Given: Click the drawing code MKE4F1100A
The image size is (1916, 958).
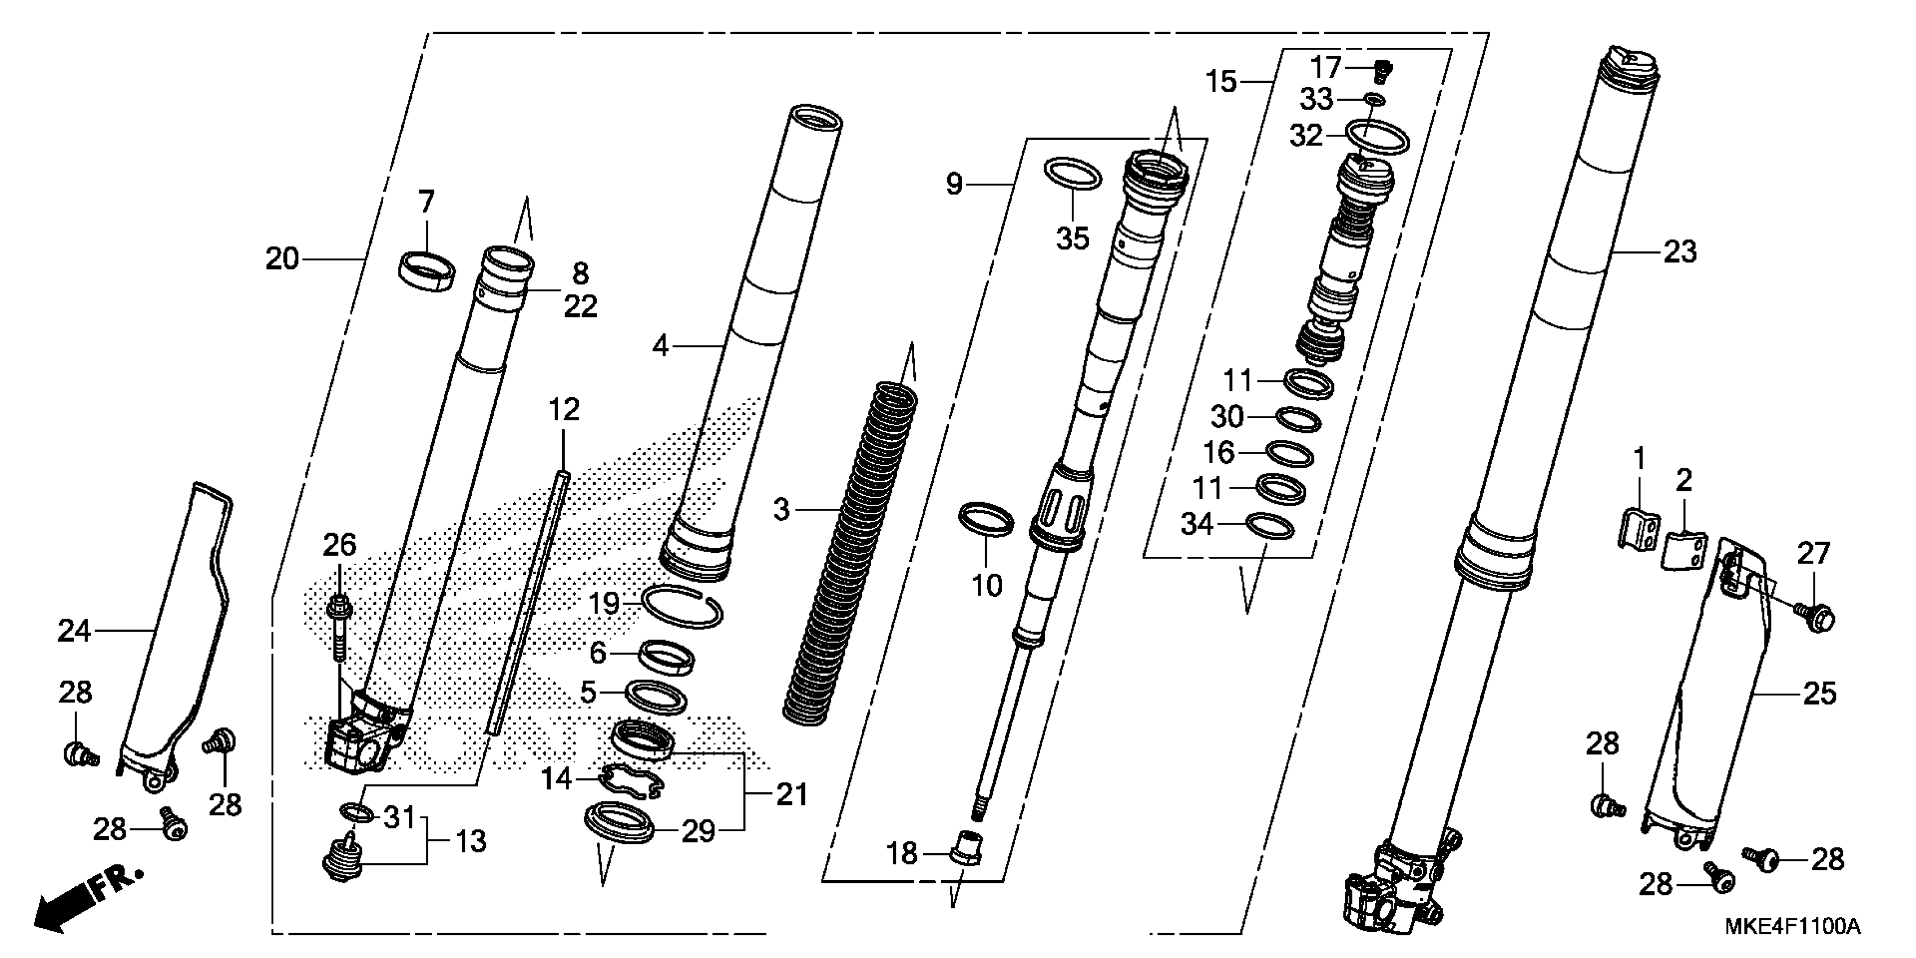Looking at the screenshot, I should click(1793, 927).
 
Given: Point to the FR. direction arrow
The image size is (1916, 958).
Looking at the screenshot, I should click(86, 901).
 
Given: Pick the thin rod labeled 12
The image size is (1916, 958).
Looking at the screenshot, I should click(528, 602).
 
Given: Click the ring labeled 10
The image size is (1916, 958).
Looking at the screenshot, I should click(986, 519).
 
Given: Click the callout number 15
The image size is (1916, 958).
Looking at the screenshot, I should click(1221, 81).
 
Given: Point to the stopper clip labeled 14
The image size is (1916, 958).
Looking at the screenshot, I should click(631, 781).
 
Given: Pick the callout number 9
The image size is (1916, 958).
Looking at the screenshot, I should click(954, 184).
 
